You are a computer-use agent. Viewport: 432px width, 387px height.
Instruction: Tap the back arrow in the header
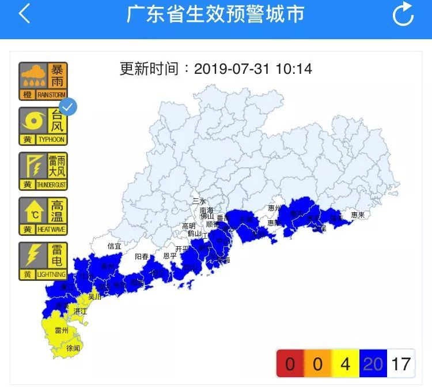[x=24, y=14]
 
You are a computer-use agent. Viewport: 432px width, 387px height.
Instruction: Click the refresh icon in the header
[x=403, y=14]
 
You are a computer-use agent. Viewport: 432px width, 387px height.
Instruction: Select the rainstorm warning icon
[x=43, y=81]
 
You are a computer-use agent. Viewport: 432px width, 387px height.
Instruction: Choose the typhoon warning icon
[x=43, y=126]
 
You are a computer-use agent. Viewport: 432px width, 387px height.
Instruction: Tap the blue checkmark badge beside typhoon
[x=69, y=107]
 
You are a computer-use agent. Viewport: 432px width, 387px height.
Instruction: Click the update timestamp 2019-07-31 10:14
[x=253, y=69]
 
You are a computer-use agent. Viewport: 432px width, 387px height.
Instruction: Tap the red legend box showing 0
[x=290, y=364]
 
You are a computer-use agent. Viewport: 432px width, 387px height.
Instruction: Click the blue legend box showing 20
[x=373, y=364]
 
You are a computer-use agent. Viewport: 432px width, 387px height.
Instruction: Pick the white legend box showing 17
[x=401, y=364]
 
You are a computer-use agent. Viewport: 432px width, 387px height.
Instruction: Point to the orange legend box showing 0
[x=317, y=364]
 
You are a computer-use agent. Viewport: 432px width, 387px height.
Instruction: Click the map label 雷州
[x=61, y=330]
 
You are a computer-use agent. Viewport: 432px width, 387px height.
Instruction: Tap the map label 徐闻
[x=73, y=348]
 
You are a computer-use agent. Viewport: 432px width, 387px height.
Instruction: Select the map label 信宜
[x=114, y=246]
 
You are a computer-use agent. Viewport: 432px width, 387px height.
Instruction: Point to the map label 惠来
[x=358, y=215]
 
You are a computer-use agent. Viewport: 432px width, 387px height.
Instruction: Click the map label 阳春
[x=142, y=256]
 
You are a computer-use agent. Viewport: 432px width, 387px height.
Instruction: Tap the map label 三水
[x=199, y=201]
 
